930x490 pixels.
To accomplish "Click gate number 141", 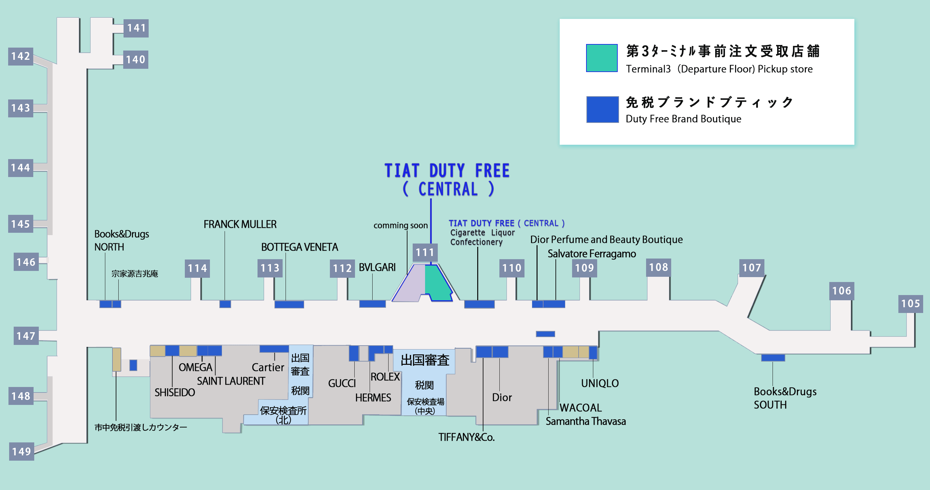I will point(136,28).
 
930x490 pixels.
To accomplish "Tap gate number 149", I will point(21,451).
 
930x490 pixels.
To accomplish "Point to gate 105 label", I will point(910,304).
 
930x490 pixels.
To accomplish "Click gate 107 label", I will point(752,268).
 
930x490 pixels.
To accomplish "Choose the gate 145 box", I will point(21,224).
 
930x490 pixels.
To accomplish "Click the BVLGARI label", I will point(377,268).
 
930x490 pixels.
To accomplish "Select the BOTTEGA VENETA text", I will point(299,247).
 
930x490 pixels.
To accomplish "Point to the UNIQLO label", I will point(600,383).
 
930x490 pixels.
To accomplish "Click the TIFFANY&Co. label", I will point(466,437).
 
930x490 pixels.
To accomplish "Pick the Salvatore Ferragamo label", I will point(592,254).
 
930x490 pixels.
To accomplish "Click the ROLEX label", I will point(385,377).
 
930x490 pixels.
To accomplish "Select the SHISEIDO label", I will point(175,393).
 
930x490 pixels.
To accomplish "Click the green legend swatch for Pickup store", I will point(601,58).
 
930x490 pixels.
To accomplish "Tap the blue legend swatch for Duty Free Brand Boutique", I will point(602,110).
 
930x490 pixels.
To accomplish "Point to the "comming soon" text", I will point(400,226).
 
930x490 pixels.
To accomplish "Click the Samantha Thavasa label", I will point(585,422).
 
